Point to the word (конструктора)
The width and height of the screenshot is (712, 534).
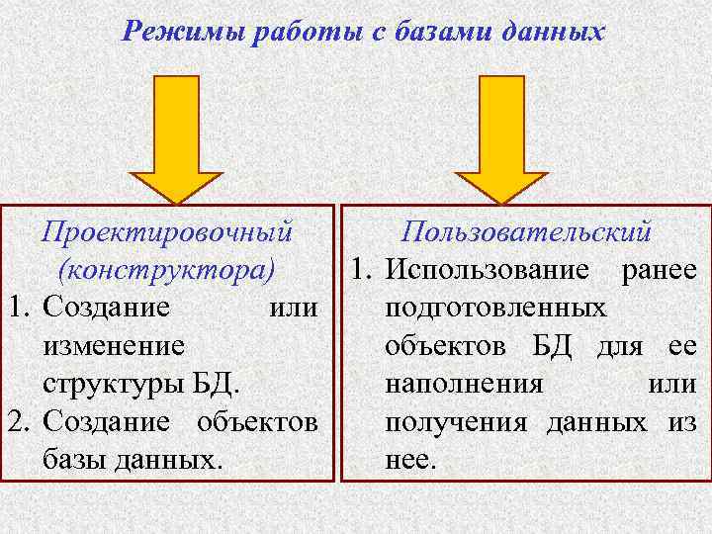tap(165, 269)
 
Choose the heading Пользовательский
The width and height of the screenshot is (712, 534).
tap(526, 232)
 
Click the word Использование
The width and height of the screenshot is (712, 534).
tap(490, 270)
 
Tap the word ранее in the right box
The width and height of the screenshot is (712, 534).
tap(659, 270)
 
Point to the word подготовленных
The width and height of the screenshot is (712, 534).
tap(495, 308)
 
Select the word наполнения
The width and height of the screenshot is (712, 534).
tap(463, 383)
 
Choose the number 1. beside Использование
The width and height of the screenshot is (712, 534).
tap(357, 270)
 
